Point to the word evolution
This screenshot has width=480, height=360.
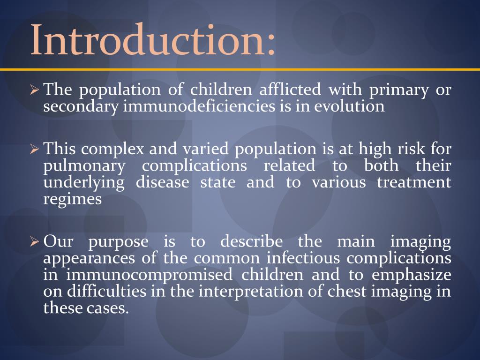click(x=349, y=106)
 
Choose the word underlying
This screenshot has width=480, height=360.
click(x=84, y=182)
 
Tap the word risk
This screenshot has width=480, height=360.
click(x=414, y=150)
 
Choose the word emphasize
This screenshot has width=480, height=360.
click(x=412, y=275)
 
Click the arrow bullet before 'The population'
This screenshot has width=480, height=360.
click(x=34, y=90)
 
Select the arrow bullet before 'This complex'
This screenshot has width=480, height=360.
click(x=34, y=150)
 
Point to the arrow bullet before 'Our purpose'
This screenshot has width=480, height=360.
click(x=34, y=242)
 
